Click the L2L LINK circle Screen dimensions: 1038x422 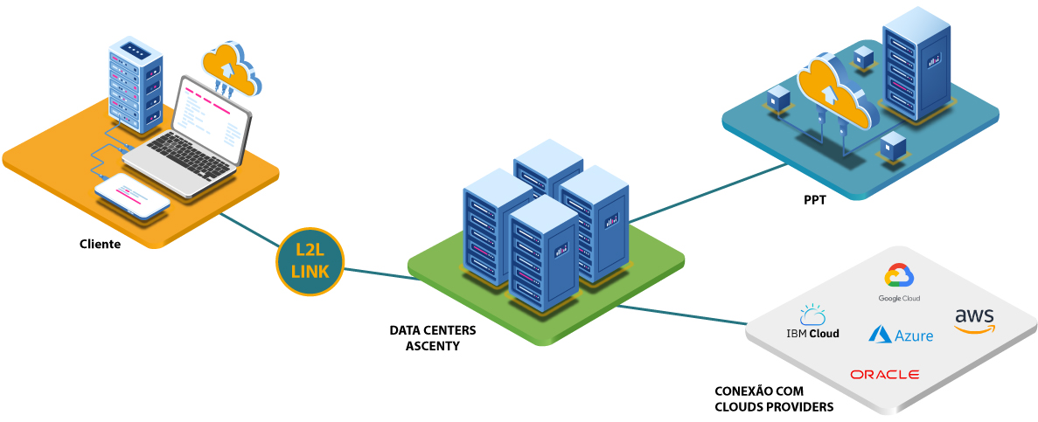coord(310,261)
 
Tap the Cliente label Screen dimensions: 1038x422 coord(100,244)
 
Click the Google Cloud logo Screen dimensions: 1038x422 coord(899,283)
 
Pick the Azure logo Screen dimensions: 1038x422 coord(901,335)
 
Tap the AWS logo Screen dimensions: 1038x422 coord(974,320)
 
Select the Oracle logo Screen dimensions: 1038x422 coord(884,375)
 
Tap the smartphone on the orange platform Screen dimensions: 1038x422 coord(132,196)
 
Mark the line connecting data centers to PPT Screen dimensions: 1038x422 coord(708,192)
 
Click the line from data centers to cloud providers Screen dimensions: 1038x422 coord(682,315)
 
